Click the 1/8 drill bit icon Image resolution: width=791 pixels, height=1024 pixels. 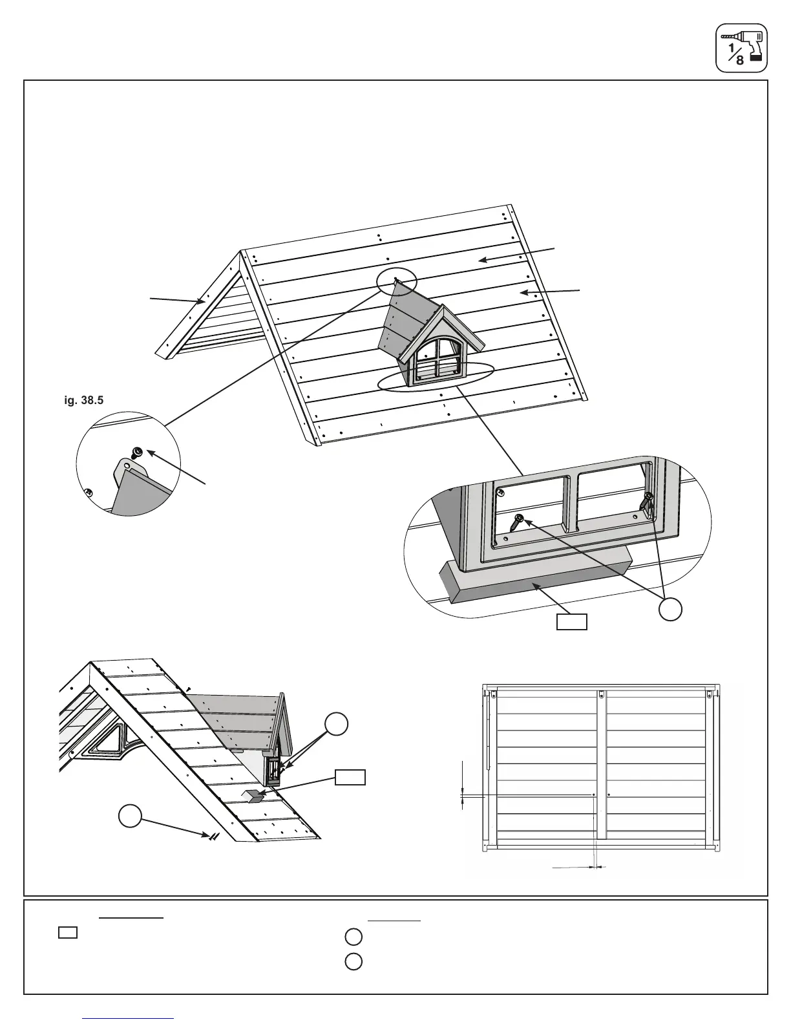point(741,48)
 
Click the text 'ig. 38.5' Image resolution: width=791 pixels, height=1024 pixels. point(82,400)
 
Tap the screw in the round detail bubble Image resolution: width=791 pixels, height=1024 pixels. point(137,451)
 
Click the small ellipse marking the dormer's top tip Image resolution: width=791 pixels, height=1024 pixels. point(396,281)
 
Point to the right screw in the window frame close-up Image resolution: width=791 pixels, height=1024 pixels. point(647,502)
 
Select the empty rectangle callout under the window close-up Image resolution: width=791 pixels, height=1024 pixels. point(573,623)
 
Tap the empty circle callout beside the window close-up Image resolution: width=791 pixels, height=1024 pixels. point(671,610)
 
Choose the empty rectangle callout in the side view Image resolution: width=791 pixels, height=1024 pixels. point(350,777)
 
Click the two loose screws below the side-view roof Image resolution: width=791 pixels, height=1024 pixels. point(213,836)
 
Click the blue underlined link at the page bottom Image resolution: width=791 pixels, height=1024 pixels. point(129,1019)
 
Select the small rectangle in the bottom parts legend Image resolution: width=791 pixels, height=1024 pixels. point(68,932)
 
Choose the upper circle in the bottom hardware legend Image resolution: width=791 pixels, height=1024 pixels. point(353,936)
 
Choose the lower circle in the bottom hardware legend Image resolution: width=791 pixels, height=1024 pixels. point(353,961)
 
